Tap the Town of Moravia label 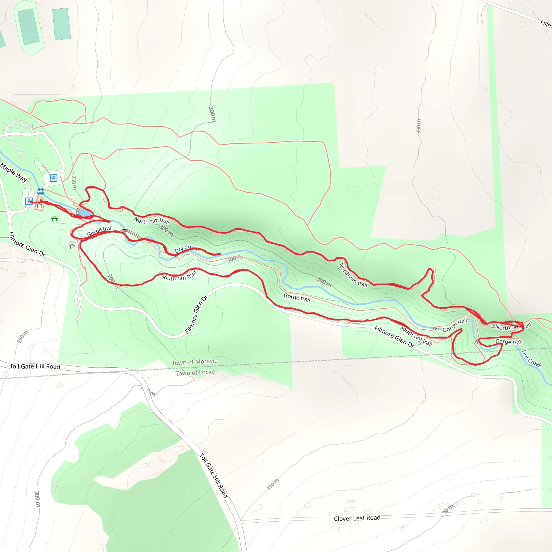(x=195, y=362)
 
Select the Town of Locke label (x=195, y=372)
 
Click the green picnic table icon (x=54, y=219)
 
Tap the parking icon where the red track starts (x=29, y=201)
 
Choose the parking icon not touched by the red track (x=53, y=178)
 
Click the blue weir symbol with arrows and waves (x=41, y=191)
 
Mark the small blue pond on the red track (x=85, y=213)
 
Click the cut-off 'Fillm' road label (x=546, y=24)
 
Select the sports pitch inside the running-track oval (x=28, y=27)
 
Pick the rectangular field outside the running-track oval (x=61, y=24)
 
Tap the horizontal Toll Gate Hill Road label (x=35, y=366)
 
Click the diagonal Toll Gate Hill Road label (x=214, y=475)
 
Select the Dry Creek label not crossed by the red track (x=532, y=358)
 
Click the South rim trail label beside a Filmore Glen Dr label (x=416, y=336)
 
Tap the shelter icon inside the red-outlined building (x=39, y=205)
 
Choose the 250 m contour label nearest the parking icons (x=74, y=182)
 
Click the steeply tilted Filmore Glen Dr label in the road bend (x=196, y=314)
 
